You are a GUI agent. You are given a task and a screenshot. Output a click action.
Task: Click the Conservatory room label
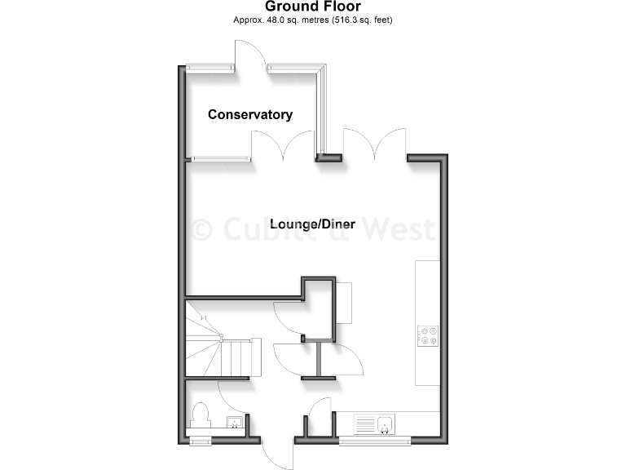[249, 115]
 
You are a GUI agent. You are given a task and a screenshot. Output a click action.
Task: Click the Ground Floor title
[313, 7]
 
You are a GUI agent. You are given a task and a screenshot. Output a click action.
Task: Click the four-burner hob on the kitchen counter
[427, 335]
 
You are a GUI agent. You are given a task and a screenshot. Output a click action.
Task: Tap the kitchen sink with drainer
[375, 424]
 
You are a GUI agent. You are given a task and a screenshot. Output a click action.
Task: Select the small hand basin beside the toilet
[234, 423]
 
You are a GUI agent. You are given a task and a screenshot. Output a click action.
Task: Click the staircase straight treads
[241, 356]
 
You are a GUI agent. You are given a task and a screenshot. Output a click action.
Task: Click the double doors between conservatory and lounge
[283, 147]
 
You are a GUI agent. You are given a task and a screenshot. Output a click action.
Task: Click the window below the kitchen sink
[374, 442]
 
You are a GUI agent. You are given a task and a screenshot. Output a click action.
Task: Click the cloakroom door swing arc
[232, 396]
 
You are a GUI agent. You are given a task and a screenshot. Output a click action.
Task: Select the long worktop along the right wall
[427, 322]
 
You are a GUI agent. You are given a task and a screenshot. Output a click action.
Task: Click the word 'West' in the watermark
[400, 229]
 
